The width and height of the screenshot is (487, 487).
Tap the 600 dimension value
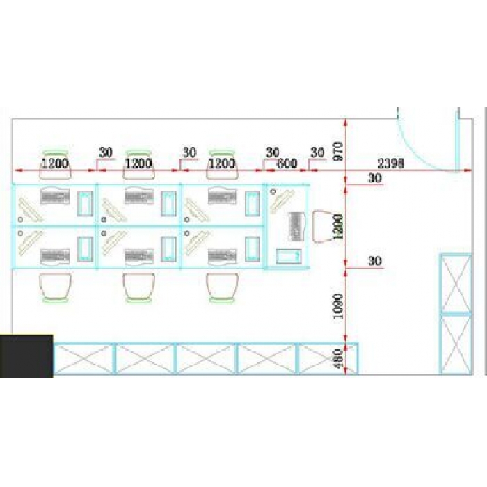pos(287,163)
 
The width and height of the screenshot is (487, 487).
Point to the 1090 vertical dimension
pos(339,304)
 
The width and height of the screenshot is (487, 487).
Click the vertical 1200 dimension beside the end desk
pos(339,226)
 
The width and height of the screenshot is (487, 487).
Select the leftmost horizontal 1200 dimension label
pos(55,163)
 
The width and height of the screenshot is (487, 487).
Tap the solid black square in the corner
pos(26,356)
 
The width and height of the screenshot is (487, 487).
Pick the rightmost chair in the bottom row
pos(223,288)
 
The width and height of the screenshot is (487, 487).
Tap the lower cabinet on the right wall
pos(456,344)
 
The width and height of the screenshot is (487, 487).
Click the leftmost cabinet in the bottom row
pos(83,358)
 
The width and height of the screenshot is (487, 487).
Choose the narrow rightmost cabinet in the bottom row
pos(327,358)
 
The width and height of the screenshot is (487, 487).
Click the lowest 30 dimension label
pos(375,262)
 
